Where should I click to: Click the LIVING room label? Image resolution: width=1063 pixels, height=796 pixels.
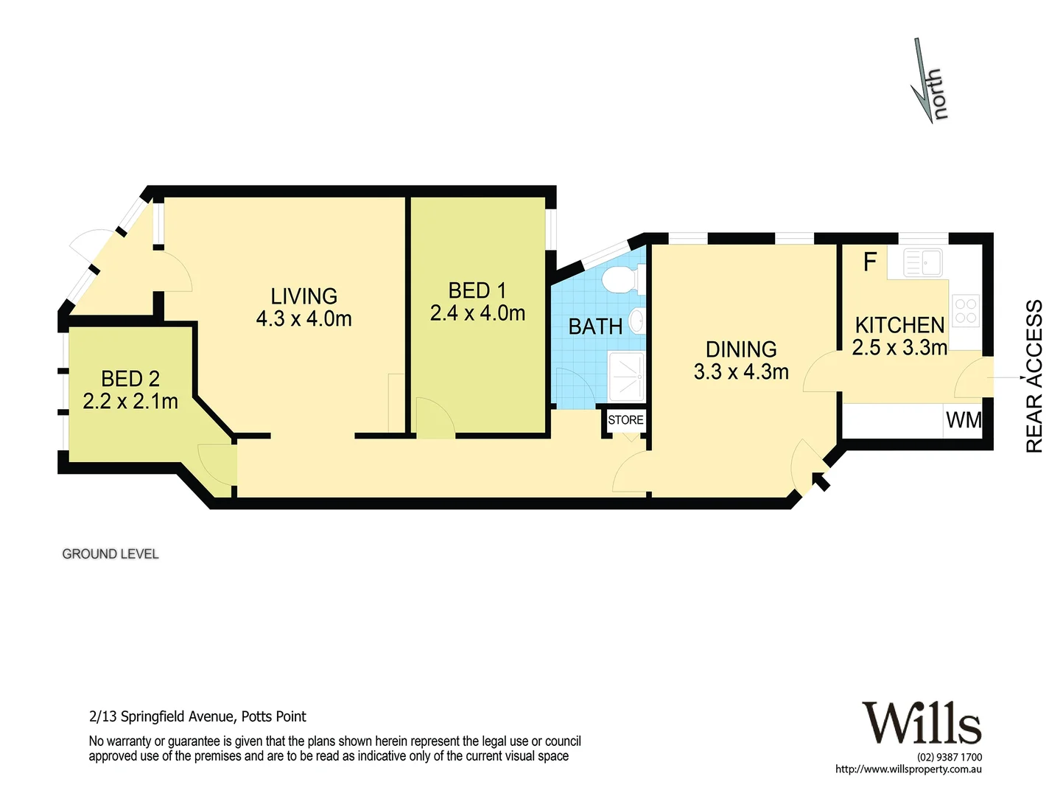pos(304,296)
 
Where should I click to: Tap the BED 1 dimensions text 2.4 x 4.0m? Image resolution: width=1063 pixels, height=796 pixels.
pos(477,314)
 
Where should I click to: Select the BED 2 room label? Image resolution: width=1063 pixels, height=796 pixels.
pos(130,379)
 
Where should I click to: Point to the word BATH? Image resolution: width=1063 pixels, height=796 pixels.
pos(595,327)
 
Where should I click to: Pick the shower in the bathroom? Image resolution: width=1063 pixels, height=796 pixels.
pos(626,374)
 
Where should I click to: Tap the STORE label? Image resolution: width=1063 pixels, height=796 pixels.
pos(625,420)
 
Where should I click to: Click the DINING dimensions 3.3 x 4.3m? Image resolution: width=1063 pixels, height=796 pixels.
pos(741,372)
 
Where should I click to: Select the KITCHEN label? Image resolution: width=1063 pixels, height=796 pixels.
pos(899,325)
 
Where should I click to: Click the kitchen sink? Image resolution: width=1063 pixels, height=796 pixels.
pos(922,262)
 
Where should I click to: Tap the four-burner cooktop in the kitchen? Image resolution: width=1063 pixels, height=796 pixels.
pos(966,311)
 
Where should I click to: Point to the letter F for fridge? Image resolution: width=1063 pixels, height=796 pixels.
pos(870,262)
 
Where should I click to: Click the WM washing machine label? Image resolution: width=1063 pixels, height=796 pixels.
pos(964,420)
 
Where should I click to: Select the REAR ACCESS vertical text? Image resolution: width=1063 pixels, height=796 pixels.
pos(1035,376)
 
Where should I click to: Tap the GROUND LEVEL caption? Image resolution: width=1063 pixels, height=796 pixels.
pos(110,554)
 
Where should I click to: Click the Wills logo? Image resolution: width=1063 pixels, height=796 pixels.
pos(922,723)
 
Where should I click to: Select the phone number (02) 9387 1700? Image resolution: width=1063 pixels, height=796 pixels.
pos(949,757)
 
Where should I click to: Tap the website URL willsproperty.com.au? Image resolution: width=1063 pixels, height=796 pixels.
pos(908,769)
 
